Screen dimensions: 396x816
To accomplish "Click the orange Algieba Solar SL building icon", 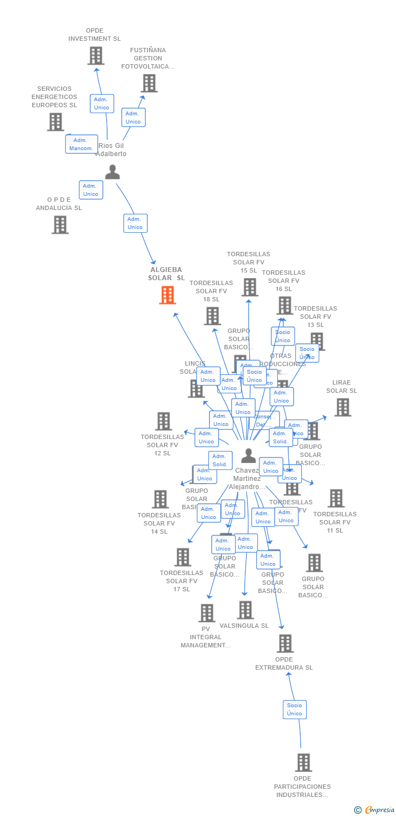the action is (168, 295).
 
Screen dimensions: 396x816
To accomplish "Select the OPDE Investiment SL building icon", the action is (96, 55).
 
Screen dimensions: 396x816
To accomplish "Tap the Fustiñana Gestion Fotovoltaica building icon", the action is (149, 83).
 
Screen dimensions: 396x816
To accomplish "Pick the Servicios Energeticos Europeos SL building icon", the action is (55, 122).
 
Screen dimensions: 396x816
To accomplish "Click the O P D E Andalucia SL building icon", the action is (60, 225).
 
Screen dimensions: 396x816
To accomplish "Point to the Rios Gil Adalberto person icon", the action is (112, 172).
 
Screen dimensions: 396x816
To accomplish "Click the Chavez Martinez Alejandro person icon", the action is (248, 456).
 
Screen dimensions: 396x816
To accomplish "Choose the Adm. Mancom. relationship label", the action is (82, 144).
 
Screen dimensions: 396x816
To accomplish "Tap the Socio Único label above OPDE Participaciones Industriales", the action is (294, 709).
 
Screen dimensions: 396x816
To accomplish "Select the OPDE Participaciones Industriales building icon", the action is (304, 763).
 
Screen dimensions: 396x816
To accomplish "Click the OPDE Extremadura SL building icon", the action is (285, 644).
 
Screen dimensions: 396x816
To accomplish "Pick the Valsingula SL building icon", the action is (245, 610).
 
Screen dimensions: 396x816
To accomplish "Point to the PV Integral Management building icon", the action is (207, 613).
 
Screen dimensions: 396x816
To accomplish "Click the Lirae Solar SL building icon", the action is (342, 407).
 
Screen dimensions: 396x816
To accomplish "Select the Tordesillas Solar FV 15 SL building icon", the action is (249, 287).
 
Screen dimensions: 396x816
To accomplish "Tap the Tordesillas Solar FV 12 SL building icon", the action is (163, 421).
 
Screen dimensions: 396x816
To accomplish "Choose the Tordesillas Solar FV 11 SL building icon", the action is (336, 498).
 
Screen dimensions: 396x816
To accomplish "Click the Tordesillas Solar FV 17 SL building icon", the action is (183, 557).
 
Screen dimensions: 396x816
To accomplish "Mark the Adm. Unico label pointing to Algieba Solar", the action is (135, 223).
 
